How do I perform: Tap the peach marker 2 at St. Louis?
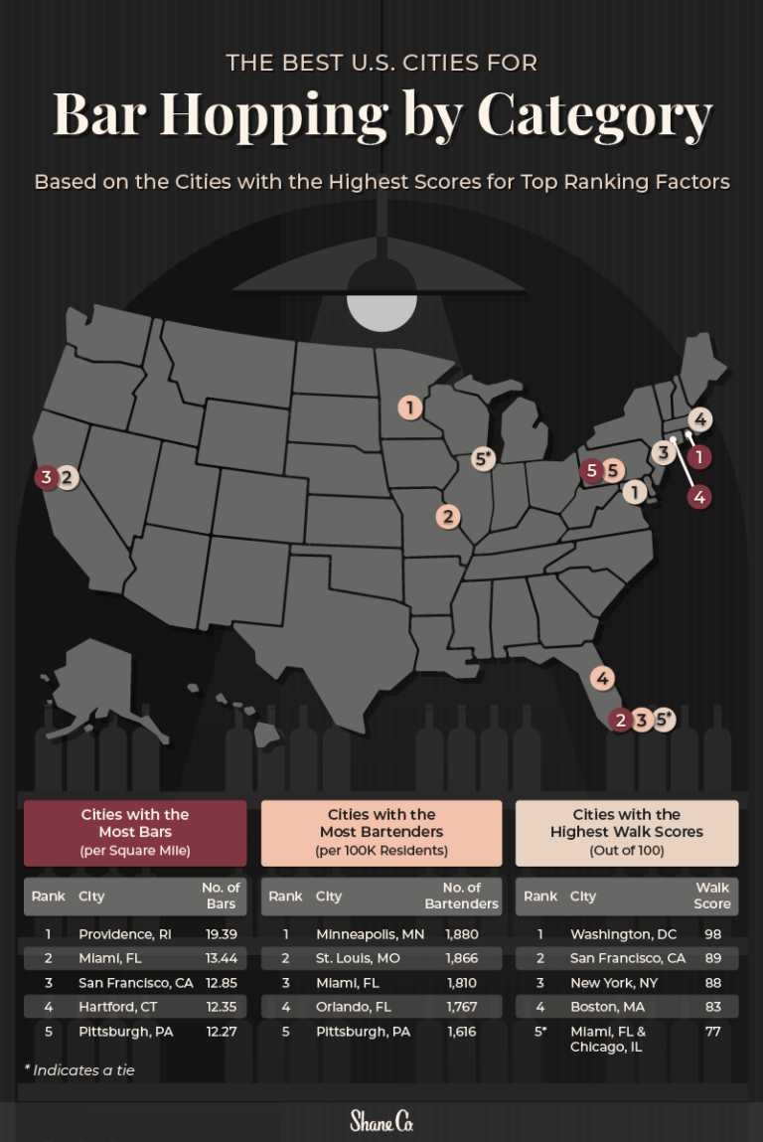449,516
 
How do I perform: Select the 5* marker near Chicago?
484,459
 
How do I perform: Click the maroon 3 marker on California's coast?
46,477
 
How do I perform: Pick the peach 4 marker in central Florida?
602,679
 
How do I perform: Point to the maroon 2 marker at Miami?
621,720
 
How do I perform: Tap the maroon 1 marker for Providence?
700,456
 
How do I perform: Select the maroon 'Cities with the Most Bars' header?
135,832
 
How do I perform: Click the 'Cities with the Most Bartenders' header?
381,832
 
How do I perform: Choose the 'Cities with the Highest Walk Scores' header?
627,832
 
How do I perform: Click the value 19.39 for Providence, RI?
219,934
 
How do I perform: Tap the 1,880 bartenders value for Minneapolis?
462,934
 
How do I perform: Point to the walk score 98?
712,934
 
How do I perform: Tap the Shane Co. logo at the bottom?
381,1121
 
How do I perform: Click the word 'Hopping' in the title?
274,115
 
